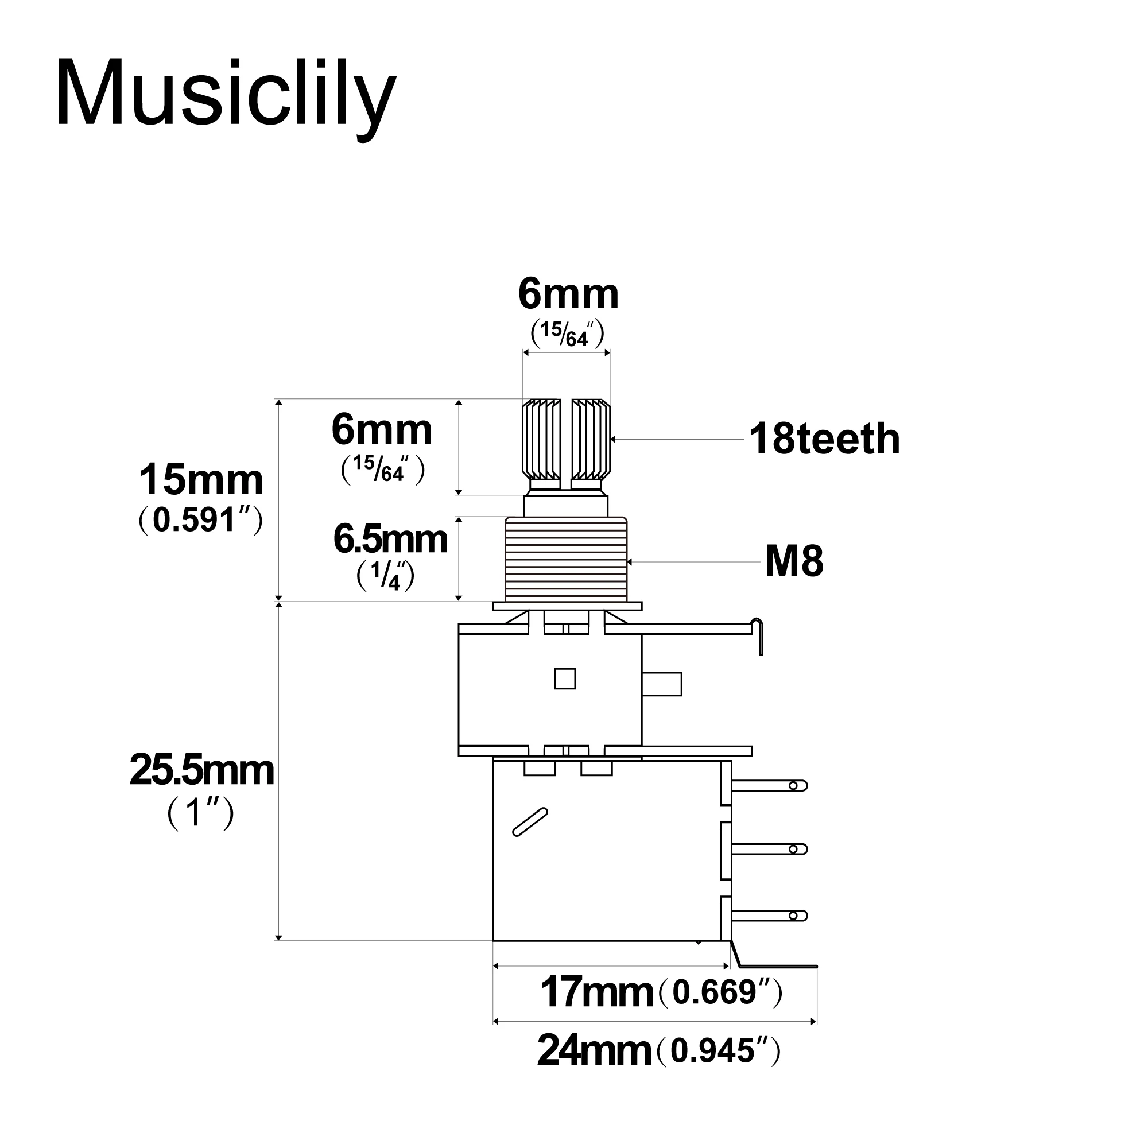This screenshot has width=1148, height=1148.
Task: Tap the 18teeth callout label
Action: click(x=824, y=439)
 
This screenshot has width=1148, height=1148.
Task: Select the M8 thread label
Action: click(x=794, y=561)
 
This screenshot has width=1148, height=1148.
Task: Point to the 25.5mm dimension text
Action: click(x=201, y=771)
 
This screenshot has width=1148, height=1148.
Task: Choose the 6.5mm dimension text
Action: click(x=390, y=539)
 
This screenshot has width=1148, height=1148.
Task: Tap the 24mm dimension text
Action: click(x=594, y=1050)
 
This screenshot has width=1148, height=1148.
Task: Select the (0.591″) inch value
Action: click(x=200, y=521)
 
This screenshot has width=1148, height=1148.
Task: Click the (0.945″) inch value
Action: click(x=719, y=1051)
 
